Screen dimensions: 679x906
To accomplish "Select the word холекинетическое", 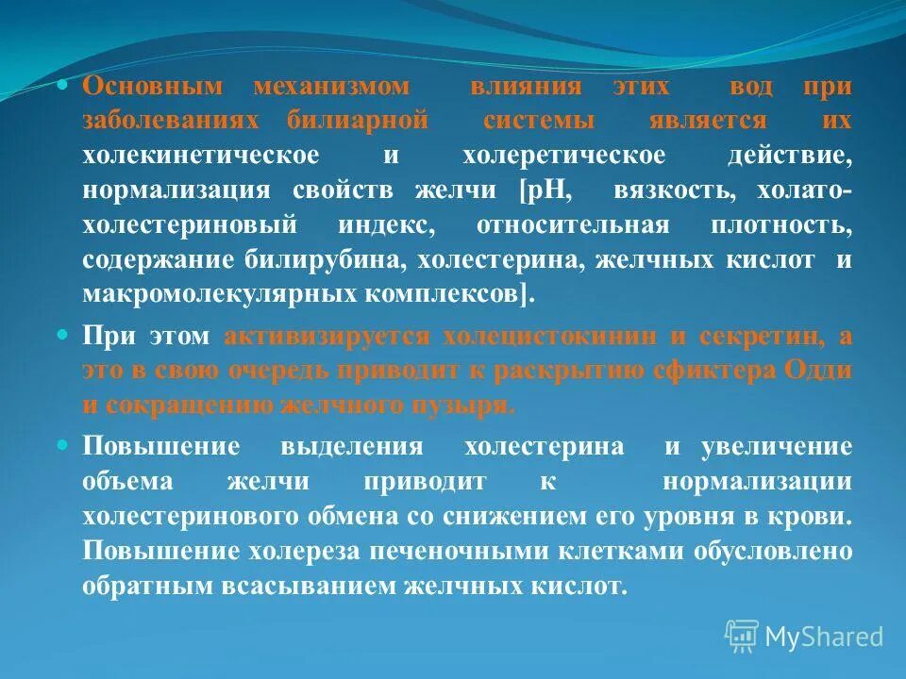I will pos(200,155).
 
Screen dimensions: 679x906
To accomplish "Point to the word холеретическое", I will pos(563,155).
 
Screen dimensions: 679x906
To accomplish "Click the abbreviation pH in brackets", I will pos(546,190).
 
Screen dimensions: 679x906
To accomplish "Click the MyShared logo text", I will pos(823,637).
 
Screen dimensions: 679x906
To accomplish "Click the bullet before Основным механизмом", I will pos(63,85).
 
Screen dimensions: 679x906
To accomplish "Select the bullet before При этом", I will pos(63,335).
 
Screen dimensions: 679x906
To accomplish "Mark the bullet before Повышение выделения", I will pos(63,445).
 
